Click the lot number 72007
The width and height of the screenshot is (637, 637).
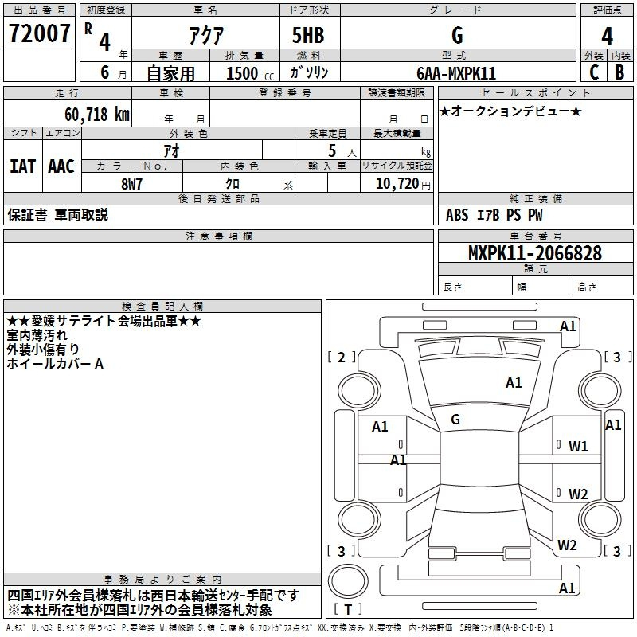(39, 33)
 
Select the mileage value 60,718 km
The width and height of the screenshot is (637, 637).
(97, 115)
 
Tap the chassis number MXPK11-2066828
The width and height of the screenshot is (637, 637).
(535, 253)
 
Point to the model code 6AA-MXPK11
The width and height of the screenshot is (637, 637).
(456, 73)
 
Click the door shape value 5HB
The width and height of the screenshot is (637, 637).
(308, 35)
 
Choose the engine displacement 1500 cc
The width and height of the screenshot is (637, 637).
(250, 73)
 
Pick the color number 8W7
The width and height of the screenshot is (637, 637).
(131, 184)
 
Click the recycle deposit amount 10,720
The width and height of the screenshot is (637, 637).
(397, 184)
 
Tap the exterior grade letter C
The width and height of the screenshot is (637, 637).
(594, 72)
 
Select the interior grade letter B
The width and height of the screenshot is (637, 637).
(619, 72)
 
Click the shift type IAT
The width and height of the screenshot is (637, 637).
(23, 166)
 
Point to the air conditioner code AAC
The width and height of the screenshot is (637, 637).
(61, 166)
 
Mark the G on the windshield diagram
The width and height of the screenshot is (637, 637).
(455, 420)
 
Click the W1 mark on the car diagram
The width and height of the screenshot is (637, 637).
(578, 447)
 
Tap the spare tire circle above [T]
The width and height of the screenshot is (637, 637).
(348, 581)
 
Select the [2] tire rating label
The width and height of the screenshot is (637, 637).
(342, 357)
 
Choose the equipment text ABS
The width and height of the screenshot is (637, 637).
(457, 215)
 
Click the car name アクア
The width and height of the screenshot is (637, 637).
(206, 35)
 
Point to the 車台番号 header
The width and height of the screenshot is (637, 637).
(536, 236)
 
